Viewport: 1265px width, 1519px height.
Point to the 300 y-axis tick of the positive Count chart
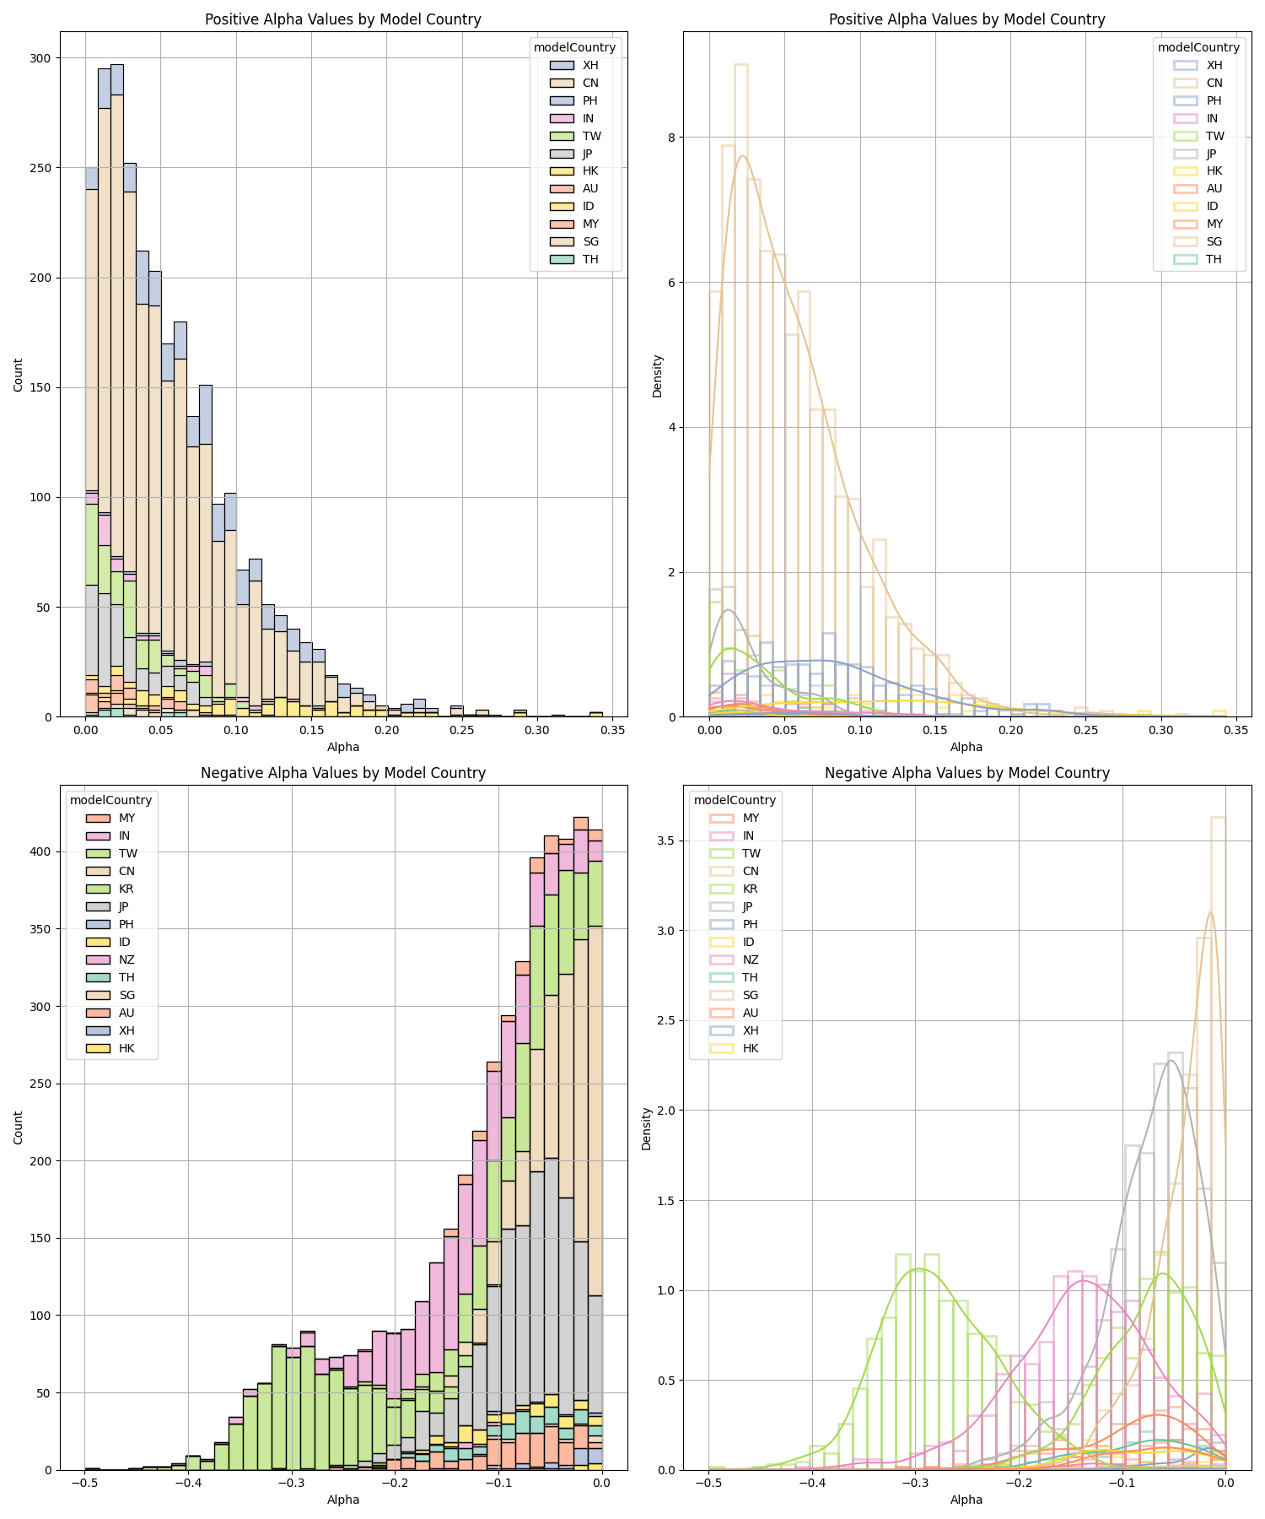click(x=40, y=58)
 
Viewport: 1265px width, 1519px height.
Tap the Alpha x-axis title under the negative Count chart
click(x=343, y=1500)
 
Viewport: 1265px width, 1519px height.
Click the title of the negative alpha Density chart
click(x=966, y=773)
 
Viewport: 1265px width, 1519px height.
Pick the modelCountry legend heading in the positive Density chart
click(x=1198, y=47)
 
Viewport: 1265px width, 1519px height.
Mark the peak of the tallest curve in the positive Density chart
click(x=742, y=156)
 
